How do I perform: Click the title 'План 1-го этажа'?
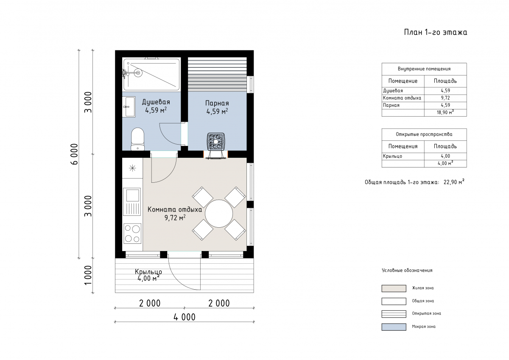(x=435, y=32)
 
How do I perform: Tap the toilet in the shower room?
(x=138, y=139)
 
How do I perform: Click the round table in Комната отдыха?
(x=219, y=214)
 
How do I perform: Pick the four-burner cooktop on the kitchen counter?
(x=132, y=234)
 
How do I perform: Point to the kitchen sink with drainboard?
(x=132, y=202)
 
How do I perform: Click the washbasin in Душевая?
(x=129, y=107)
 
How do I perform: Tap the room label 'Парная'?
(x=217, y=103)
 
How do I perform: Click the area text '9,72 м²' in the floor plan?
(x=175, y=218)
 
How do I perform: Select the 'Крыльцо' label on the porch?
(x=148, y=272)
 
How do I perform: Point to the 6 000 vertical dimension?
(x=74, y=154)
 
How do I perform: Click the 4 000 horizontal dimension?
(x=185, y=317)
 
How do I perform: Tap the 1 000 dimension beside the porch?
(x=88, y=275)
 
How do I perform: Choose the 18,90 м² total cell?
(x=445, y=112)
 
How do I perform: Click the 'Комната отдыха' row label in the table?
(x=402, y=98)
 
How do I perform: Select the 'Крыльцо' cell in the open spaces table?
(x=392, y=156)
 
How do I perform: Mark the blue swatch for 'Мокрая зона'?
(x=394, y=327)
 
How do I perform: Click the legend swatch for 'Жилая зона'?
(x=394, y=288)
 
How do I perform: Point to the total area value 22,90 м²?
(x=454, y=182)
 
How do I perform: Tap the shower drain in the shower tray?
(x=137, y=73)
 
